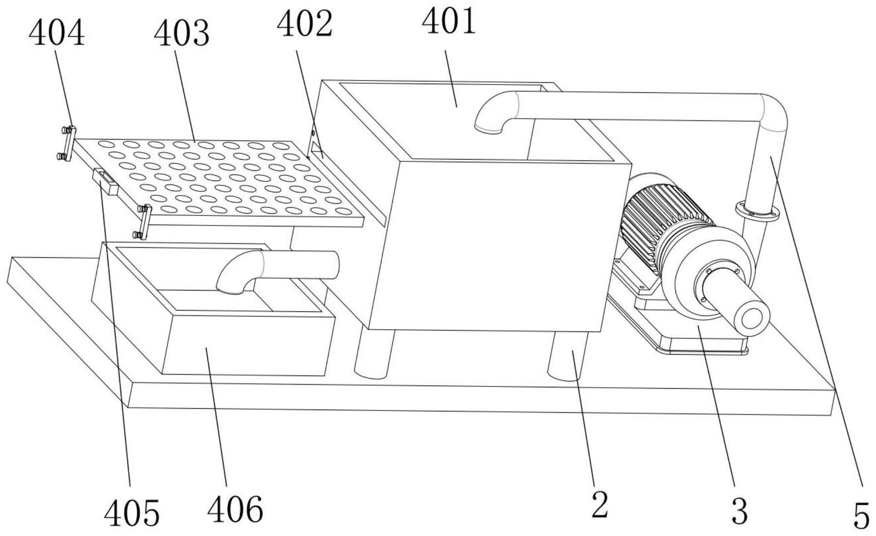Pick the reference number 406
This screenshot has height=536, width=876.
(235, 509)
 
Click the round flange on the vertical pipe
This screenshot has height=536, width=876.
(757, 211)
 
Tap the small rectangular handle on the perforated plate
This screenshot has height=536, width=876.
(106, 180)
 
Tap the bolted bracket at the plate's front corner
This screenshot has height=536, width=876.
(144, 222)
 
